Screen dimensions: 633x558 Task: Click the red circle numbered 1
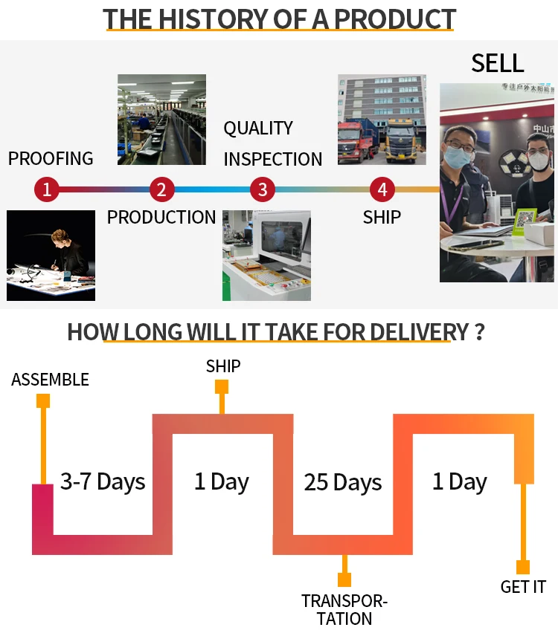[x=46, y=189]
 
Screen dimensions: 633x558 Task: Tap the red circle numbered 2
[x=161, y=189]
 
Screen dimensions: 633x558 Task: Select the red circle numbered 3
[x=262, y=189]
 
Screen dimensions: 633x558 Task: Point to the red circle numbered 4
[x=382, y=189]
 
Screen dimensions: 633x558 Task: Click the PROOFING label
[x=51, y=158]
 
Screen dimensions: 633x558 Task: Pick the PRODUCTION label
[x=161, y=218]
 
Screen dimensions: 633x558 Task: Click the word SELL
[x=498, y=63]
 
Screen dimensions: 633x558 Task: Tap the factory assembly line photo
[x=161, y=119]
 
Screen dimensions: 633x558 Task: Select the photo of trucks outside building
[x=382, y=119]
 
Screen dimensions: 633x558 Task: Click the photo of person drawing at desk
[x=51, y=255]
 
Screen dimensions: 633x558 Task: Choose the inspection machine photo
[x=266, y=255]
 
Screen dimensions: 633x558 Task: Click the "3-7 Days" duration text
[x=103, y=481]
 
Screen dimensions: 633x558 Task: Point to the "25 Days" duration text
[x=342, y=482]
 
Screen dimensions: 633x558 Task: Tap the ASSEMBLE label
[x=50, y=380]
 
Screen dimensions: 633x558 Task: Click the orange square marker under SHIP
[x=222, y=386]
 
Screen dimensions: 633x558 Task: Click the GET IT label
[x=523, y=587]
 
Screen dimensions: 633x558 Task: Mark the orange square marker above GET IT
[x=523, y=567]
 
